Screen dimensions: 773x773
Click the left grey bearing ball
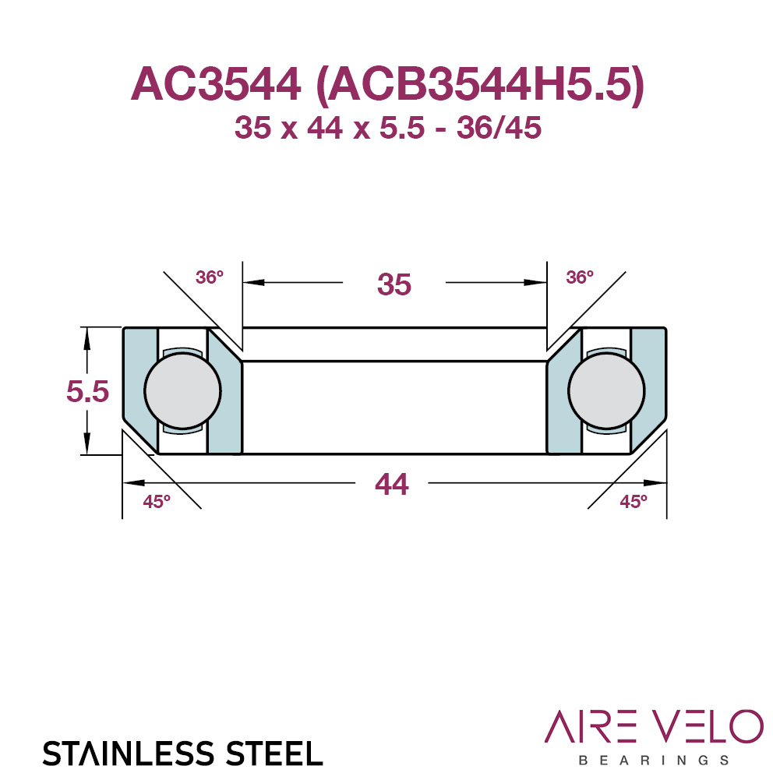point(182,391)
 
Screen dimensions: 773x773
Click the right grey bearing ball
point(606,391)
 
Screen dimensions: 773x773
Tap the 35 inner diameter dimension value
point(394,284)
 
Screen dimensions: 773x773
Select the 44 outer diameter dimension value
point(392,484)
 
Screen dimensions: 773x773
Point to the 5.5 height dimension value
point(88,391)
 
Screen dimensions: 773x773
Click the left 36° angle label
point(210,277)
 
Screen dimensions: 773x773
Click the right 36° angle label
point(580,277)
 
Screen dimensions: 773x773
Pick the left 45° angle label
point(157,501)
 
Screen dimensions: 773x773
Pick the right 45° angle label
point(634,501)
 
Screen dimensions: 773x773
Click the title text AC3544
point(216,84)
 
